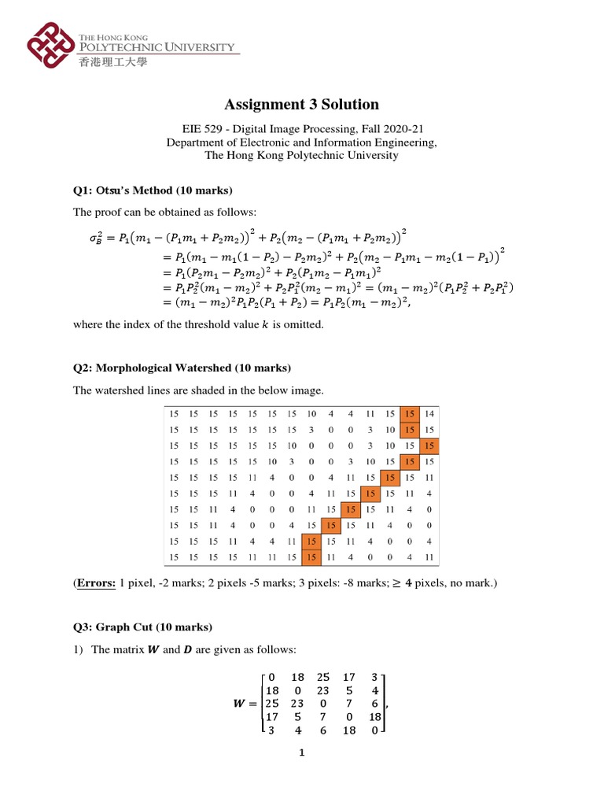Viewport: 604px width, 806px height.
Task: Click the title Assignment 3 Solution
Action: point(302,104)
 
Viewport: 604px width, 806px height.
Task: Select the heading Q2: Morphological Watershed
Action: point(182,368)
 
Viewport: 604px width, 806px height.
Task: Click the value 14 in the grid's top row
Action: point(429,414)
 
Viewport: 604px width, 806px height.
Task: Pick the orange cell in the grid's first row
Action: point(409,414)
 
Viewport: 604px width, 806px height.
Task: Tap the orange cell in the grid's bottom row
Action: point(311,557)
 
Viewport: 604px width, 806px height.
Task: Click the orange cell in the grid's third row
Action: point(429,446)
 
